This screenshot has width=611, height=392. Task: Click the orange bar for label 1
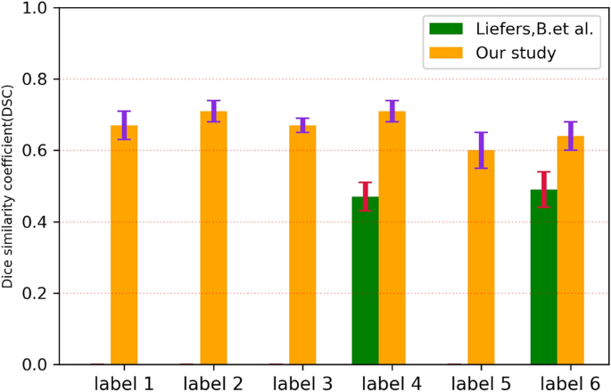click(124, 245)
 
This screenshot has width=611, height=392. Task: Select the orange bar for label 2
click(213, 238)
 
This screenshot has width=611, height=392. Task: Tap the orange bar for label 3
click(302, 245)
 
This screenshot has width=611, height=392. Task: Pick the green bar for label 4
click(366, 280)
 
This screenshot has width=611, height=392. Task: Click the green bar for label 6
click(544, 277)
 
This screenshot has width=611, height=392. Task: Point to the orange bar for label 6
click(571, 250)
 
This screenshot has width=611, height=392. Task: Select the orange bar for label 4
click(392, 238)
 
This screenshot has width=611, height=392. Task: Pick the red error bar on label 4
click(366, 196)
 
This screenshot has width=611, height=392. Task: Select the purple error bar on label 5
click(482, 150)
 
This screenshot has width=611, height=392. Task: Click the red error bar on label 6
click(544, 189)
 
